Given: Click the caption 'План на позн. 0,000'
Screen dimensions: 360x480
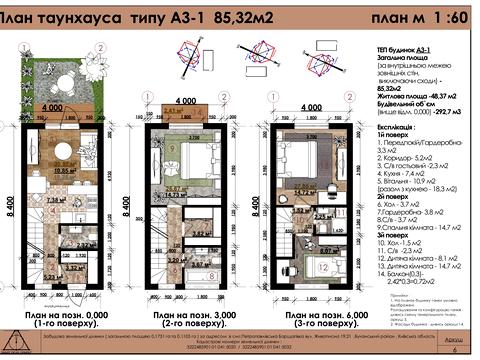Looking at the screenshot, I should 65,314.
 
